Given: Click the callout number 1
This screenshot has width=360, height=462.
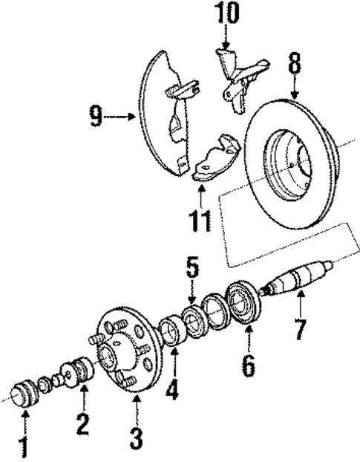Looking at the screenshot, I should (x=24, y=447).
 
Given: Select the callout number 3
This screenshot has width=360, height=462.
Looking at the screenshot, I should (x=135, y=435).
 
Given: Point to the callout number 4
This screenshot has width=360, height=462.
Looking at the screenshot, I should (x=173, y=388).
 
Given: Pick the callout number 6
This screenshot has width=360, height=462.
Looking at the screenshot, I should (x=248, y=365).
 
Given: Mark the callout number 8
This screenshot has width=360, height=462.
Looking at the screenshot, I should (x=294, y=65).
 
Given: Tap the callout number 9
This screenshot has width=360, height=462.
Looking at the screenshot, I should (x=96, y=116).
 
